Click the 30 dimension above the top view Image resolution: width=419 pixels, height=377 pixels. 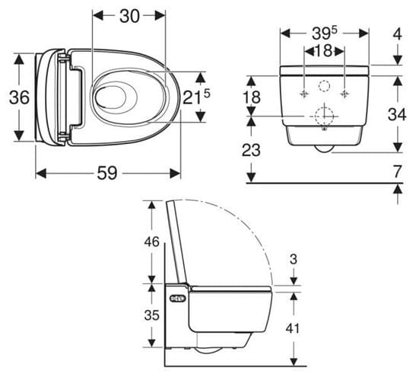tap(129, 16)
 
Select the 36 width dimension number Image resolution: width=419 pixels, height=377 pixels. tap(19, 97)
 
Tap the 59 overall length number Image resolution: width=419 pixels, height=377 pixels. tap(107, 173)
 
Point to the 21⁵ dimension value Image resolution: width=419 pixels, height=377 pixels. tap(196, 97)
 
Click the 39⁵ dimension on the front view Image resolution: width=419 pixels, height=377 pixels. tap(325, 34)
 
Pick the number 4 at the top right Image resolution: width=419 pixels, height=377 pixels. tap(398, 34)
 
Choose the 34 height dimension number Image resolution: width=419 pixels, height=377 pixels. tap(397, 114)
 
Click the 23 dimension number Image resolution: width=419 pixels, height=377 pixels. tap(251, 150)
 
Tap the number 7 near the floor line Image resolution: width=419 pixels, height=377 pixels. tap(398, 171)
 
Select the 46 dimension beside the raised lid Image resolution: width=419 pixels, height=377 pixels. tap(151, 241)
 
